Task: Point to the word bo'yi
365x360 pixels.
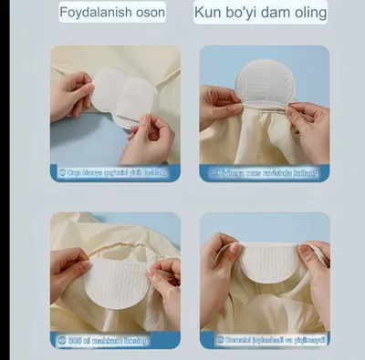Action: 245,13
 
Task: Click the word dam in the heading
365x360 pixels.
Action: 280,13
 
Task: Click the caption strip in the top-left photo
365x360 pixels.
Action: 115,171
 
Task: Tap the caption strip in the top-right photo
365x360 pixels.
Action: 265,171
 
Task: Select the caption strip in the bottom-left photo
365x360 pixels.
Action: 115,338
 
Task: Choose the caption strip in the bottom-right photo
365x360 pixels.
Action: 265,338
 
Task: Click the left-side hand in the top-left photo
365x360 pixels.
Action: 69,96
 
